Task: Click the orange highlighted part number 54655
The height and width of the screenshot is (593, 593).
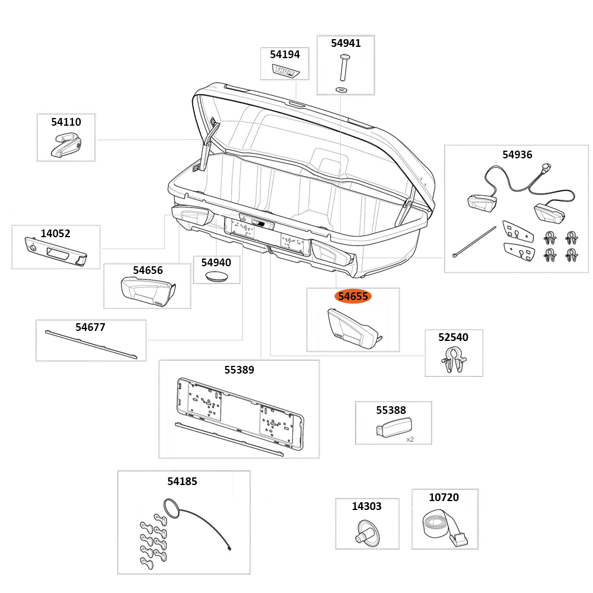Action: point(353,296)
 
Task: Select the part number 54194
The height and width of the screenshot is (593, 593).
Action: point(285,55)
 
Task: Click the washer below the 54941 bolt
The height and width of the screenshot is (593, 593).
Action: point(342,89)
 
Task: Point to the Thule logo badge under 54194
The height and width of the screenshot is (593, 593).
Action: point(286,71)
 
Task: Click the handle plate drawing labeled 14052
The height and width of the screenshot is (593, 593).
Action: point(55,251)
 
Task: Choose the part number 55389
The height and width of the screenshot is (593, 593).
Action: point(239,370)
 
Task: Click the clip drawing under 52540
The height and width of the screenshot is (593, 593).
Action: point(453,361)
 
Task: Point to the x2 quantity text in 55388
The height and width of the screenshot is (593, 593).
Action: point(410,439)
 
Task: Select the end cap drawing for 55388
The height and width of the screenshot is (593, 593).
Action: point(394,428)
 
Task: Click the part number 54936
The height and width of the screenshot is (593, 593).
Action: point(517,155)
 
